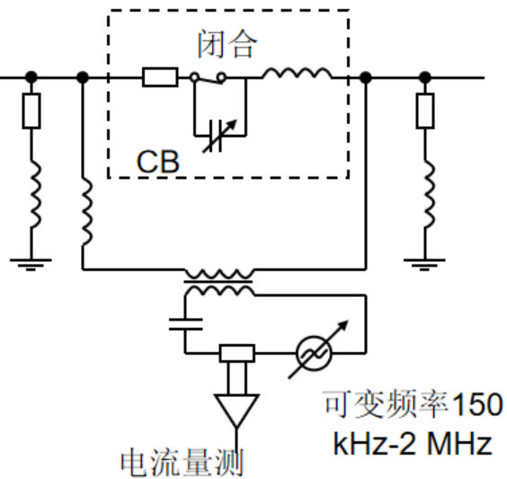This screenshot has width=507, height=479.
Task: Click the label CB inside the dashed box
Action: [158, 161]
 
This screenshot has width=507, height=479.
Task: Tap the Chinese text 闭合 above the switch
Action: [227, 44]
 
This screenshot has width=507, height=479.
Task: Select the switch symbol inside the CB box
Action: [208, 78]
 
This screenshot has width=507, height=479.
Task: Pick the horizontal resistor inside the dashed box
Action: [160, 77]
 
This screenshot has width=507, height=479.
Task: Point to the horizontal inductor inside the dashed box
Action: [297, 74]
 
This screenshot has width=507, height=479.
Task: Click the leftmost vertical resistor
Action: [31, 111]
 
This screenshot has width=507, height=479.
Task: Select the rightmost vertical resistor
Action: [425, 111]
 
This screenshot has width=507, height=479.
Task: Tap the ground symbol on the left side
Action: [31, 265]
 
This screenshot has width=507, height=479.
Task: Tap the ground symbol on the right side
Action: [424, 265]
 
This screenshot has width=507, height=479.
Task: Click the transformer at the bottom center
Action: [219, 282]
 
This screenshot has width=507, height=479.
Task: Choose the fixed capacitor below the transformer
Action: [185, 324]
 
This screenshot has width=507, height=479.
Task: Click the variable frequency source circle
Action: [314, 353]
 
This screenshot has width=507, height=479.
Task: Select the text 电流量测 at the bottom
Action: [182, 463]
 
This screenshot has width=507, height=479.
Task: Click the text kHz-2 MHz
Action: [413, 444]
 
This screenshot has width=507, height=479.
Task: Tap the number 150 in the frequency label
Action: [478, 404]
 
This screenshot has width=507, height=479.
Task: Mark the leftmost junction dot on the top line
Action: [31, 77]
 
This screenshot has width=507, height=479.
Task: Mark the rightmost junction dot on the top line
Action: [425, 77]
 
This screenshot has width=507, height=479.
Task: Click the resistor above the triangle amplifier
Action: [237, 353]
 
